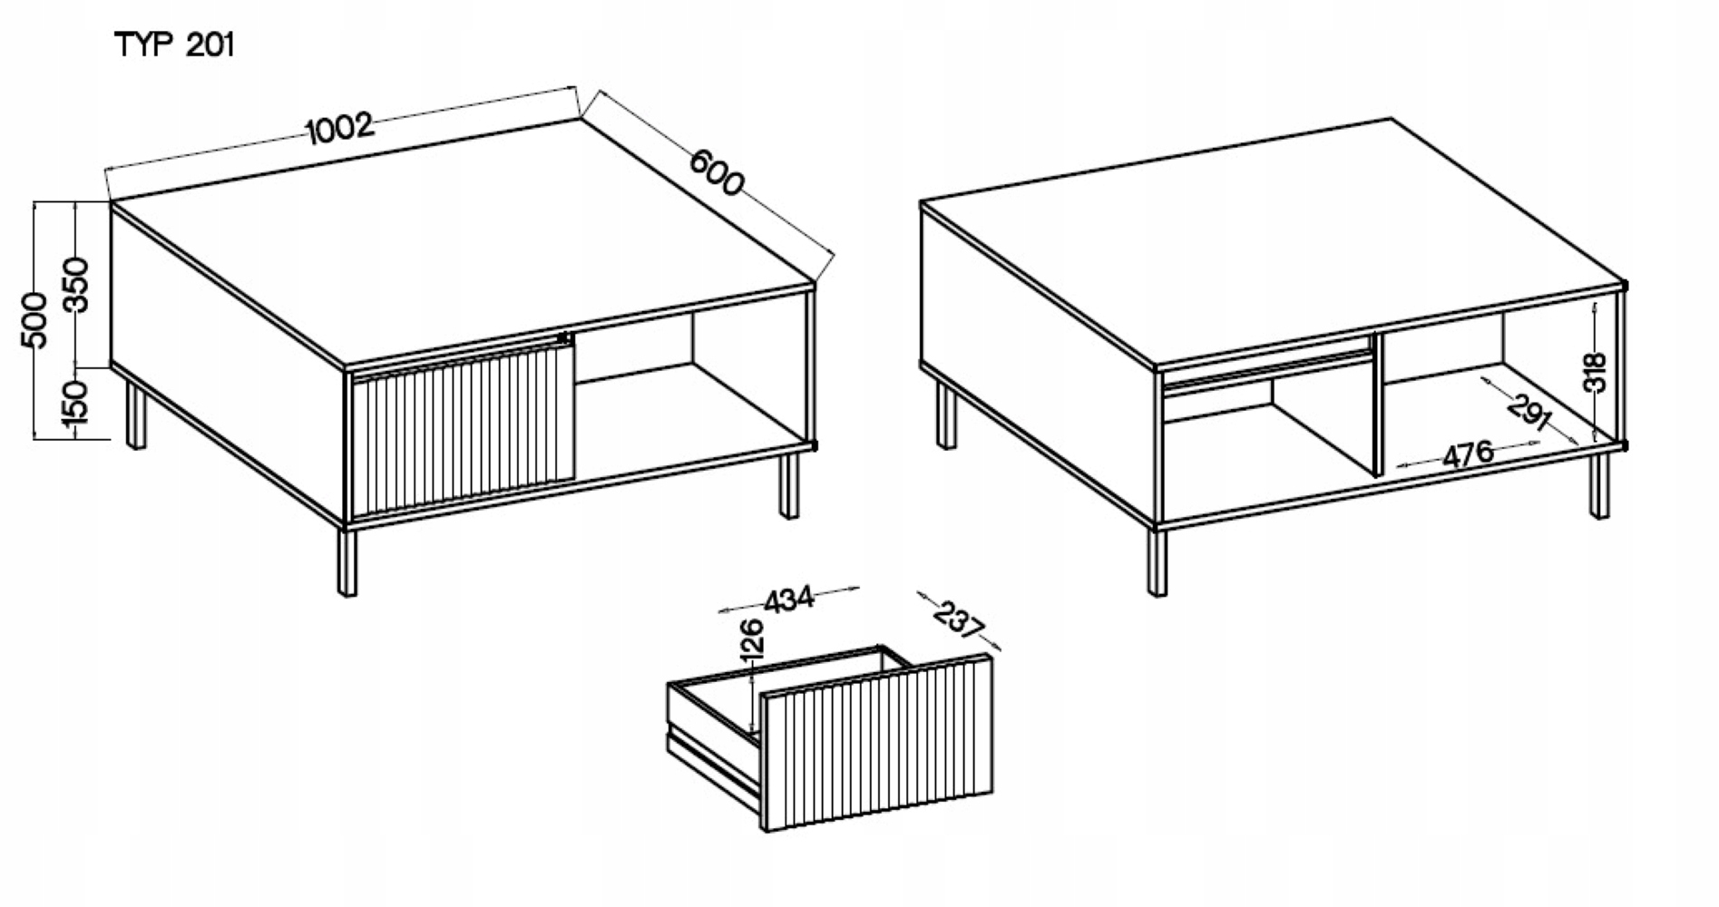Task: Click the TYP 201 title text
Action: pos(175,45)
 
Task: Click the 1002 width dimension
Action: pos(340,128)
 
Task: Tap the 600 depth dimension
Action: pos(717,171)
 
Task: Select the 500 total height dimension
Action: pos(34,319)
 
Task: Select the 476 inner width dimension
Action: pos(1468,453)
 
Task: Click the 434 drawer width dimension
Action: pos(789,600)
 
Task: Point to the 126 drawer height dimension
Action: pos(752,639)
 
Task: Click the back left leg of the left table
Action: pos(135,414)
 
